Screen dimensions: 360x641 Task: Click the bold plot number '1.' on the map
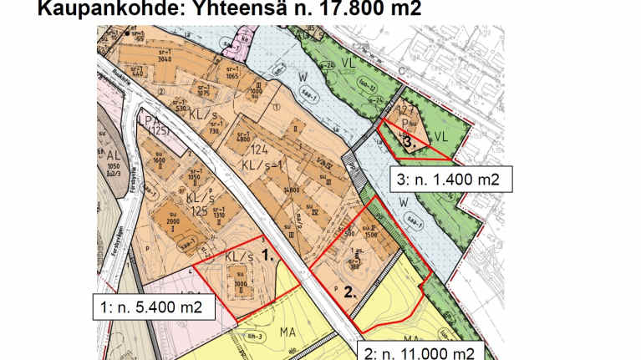[268, 258]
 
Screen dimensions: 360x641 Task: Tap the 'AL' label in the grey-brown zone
[114, 155]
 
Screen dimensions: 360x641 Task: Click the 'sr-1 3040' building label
[164, 55]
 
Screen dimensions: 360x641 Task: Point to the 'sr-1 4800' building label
[242, 139]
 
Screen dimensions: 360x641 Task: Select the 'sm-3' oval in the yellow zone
[239, 336]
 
